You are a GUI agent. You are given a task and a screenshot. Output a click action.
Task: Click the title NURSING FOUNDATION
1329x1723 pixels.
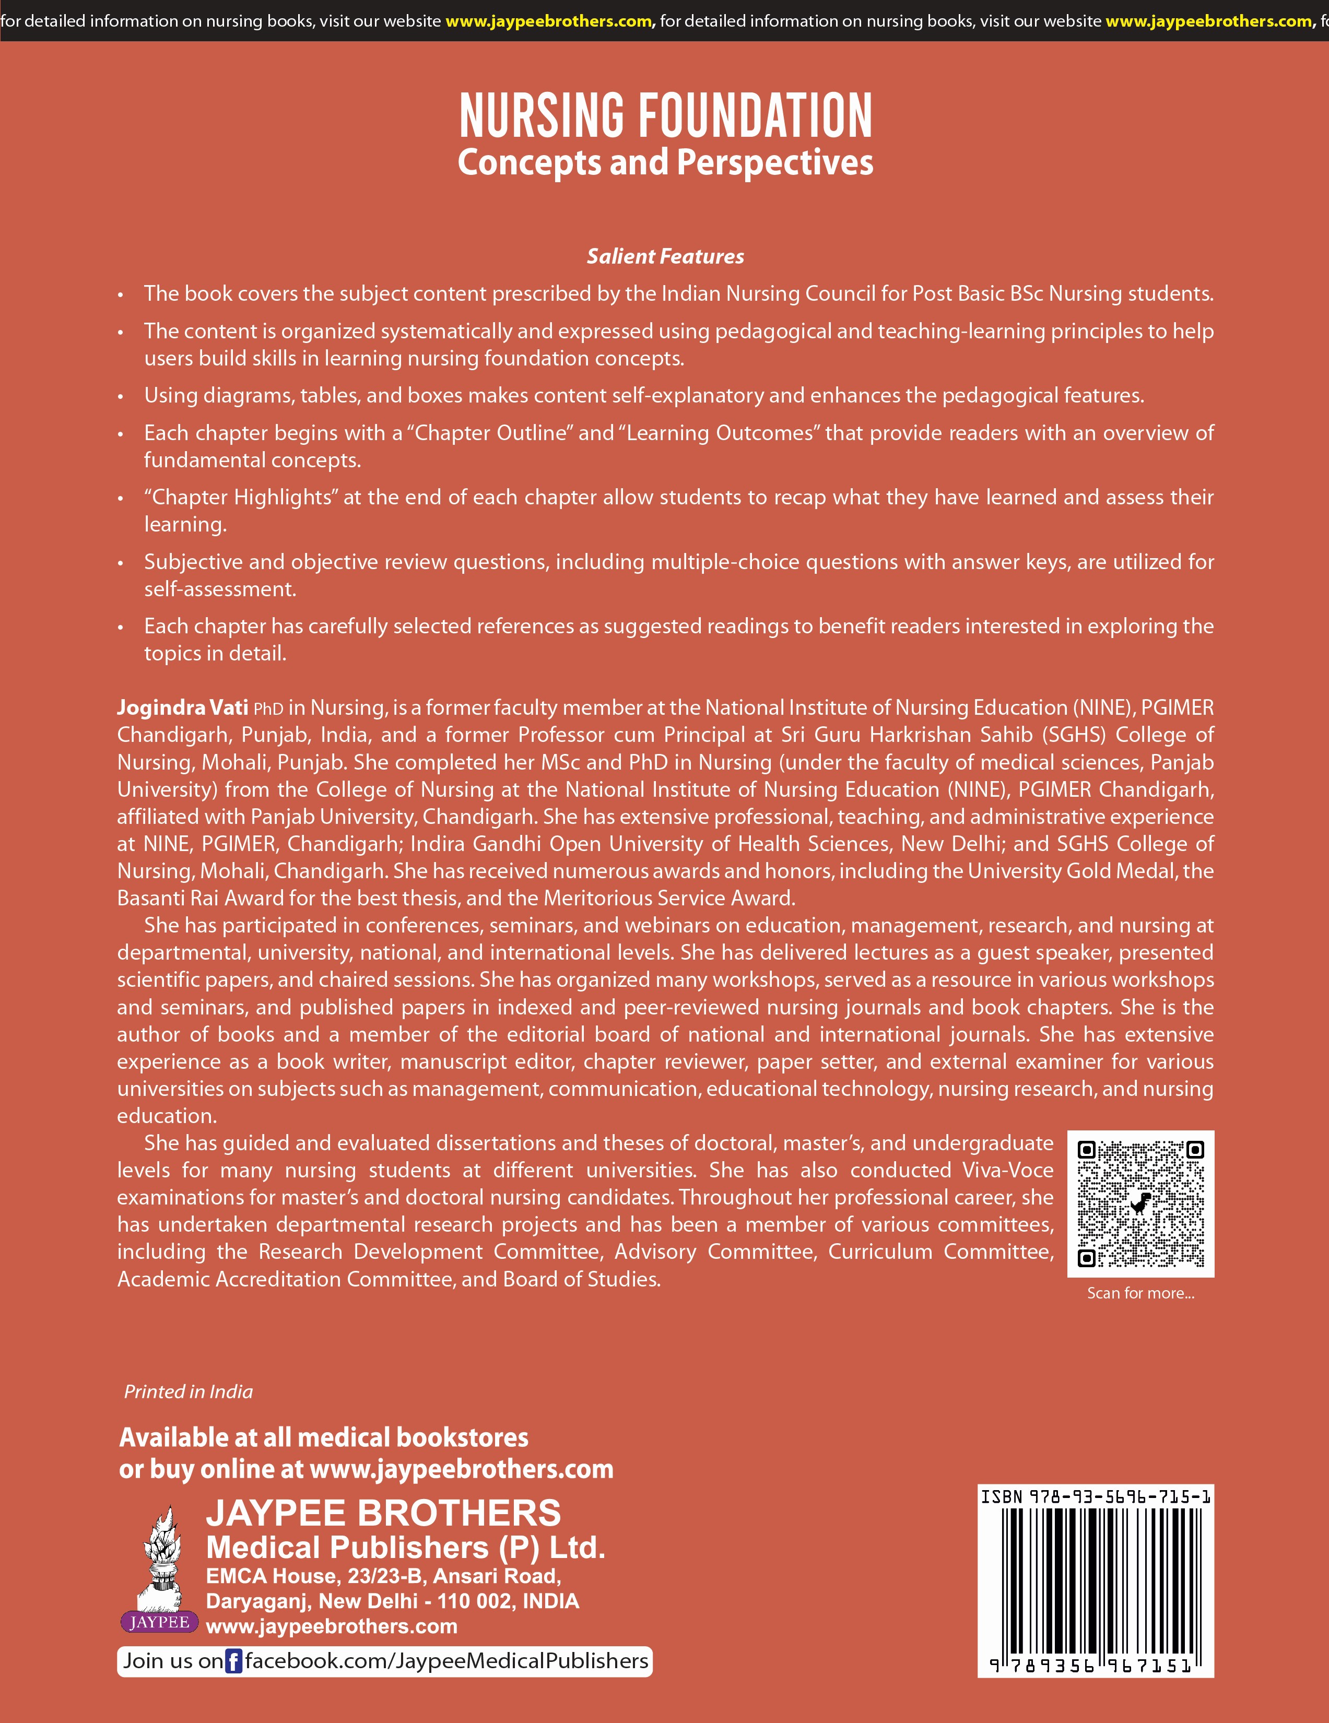pyautogui.click(x=665, y=115)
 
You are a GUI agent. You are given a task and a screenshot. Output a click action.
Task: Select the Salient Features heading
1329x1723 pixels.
pyautogui.click(x=665, y=256)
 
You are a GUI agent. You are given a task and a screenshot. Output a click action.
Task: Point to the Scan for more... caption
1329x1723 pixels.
pyautogui.click(x=1140, y=1293)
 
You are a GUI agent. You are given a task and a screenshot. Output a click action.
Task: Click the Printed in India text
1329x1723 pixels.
pyautogui.click(x=188, y=1391)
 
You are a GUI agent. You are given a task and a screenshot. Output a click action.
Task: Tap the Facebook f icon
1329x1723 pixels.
pyautogui.click(x=233, y=1661)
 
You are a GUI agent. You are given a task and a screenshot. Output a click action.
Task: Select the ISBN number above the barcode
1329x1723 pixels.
pyautogui.click(x=1096, y=1496)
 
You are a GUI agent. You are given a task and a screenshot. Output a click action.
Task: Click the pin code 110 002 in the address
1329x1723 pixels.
pyautogui.click(x=474, y=1601)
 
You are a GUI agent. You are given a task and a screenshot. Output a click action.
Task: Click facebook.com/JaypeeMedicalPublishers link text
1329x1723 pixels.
pyautogui.click(x=446, y=1661)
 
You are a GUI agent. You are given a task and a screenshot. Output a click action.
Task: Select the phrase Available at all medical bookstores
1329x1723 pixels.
pyautogui.click(x=324, y=1437)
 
